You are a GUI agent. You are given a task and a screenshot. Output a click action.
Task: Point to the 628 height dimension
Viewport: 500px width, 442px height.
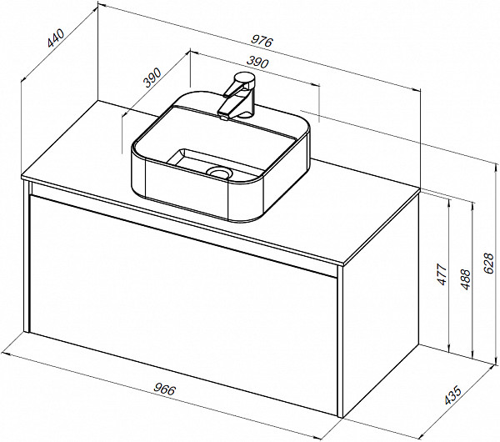[x=491, y=264]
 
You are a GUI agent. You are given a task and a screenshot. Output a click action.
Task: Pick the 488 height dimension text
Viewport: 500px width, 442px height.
[x=467, y=279]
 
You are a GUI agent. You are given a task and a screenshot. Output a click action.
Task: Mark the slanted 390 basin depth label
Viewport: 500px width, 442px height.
[x=152, y=79]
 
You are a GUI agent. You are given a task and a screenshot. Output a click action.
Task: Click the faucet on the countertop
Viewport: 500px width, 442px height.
[x=237, y=98]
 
